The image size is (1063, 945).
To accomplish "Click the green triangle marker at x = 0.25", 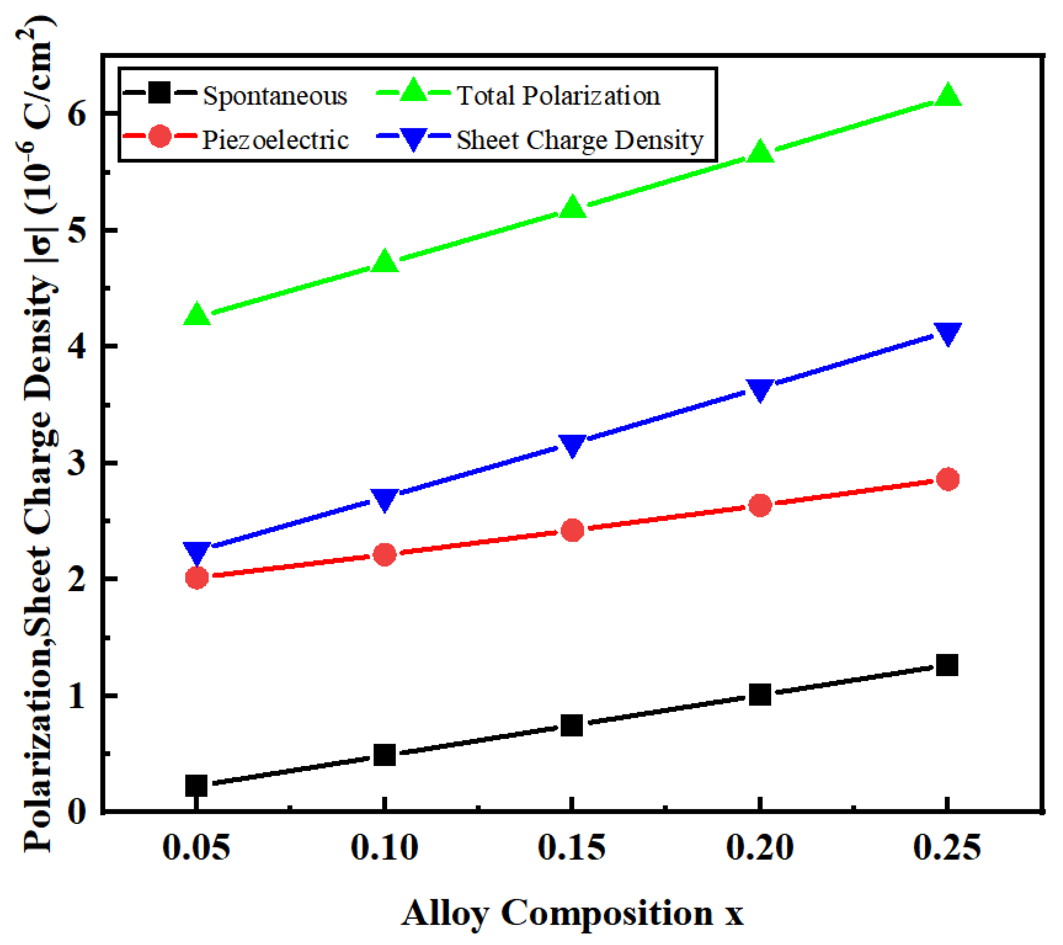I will [948, 96].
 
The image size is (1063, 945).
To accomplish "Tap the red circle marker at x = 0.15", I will [573, 530].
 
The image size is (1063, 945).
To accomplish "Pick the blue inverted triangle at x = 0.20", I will [760, 389].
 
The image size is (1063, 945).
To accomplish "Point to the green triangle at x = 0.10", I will [385, 261].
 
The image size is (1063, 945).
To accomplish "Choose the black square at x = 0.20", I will [760, 695].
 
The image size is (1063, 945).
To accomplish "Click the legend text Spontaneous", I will [274, 96].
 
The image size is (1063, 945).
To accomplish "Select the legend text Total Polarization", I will [558, 96].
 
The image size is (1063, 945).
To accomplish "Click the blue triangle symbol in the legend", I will [413, 138].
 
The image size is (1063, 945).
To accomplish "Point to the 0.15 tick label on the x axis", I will [572, 848].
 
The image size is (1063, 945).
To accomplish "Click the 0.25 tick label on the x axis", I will [947, 848].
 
